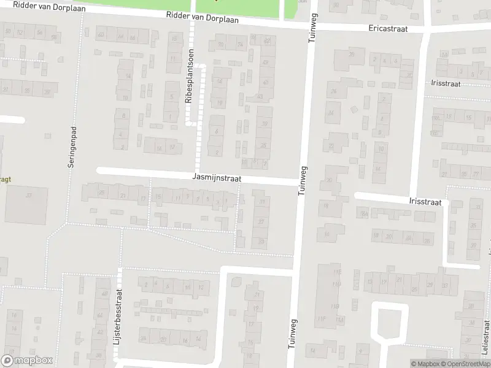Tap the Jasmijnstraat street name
click(217, 178)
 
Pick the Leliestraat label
click(485, 343)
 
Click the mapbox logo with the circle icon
click(27, 361)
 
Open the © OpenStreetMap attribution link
click(464, 364)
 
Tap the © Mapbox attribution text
click(424, 364)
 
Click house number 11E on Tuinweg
click(335, 272)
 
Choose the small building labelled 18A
click(364, 213)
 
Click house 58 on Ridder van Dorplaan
click(54, 38)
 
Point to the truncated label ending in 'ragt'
click(6, 180)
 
